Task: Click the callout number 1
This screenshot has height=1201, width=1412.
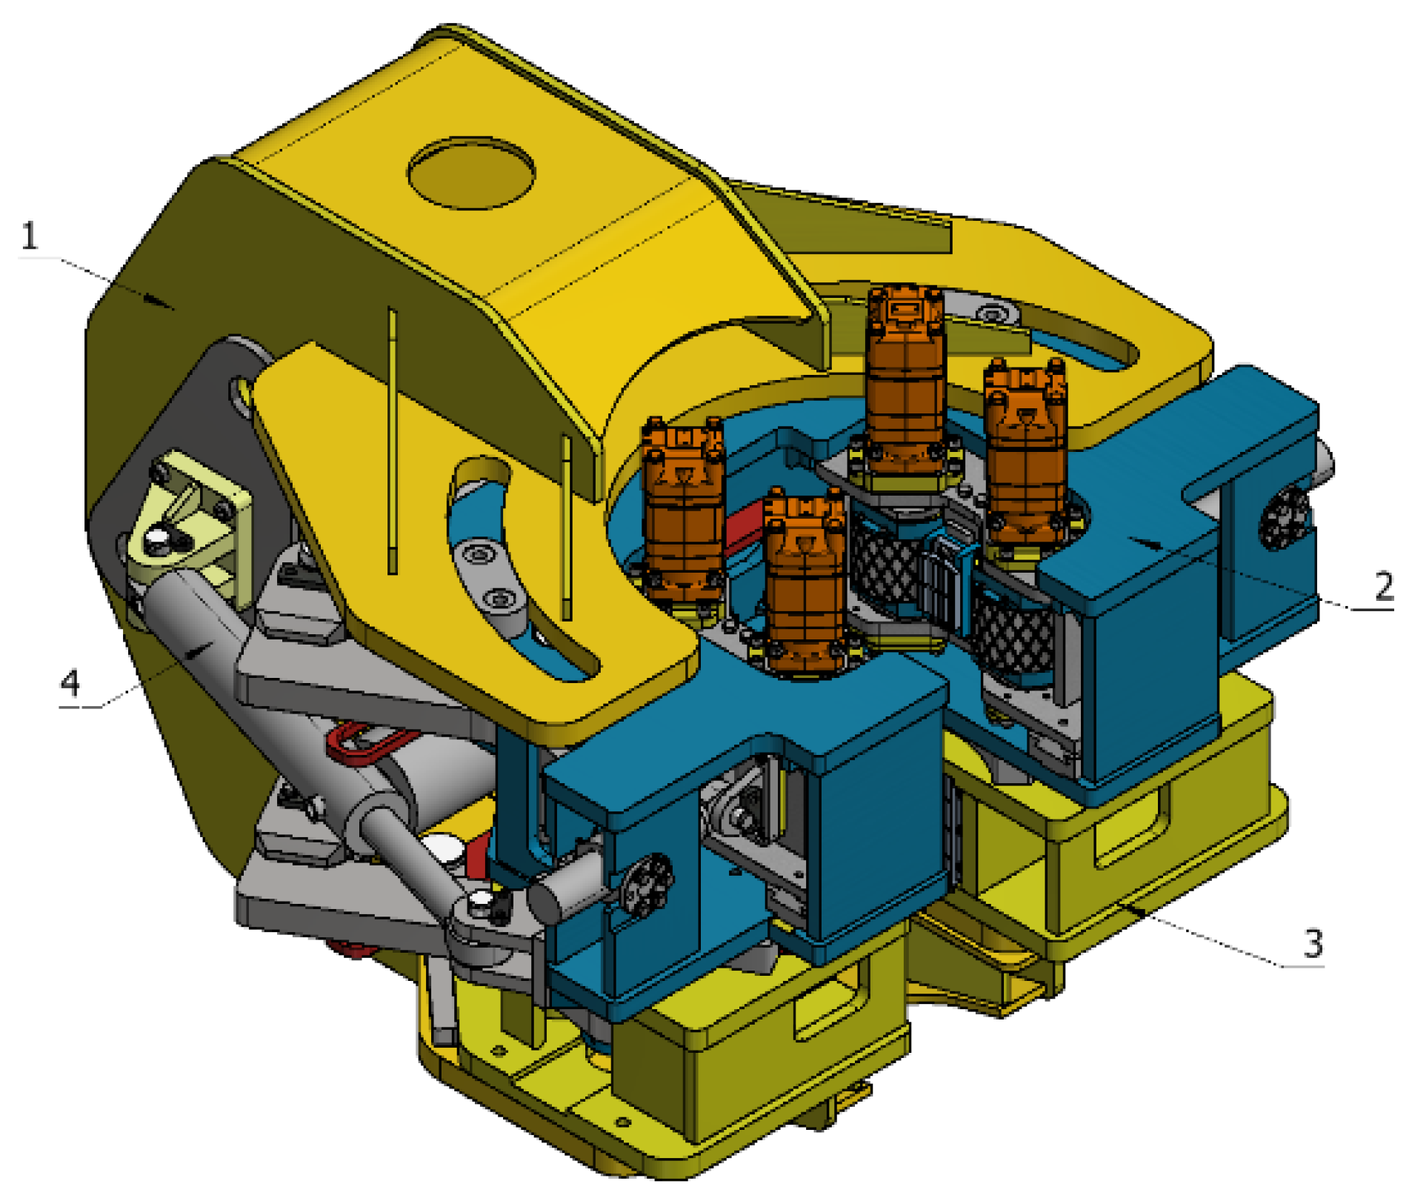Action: click(x=30, y=236)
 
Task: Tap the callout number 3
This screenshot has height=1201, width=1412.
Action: click(x=1313, y=943)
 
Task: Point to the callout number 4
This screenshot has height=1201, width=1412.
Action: click(x=70, y=682)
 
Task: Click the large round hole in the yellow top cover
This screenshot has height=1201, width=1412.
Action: click(x=471, y=173)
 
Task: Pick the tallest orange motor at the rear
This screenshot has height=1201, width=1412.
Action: click(x=905, y=382)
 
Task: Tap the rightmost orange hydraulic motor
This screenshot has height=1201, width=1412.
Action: click(x=1026, y=456)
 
